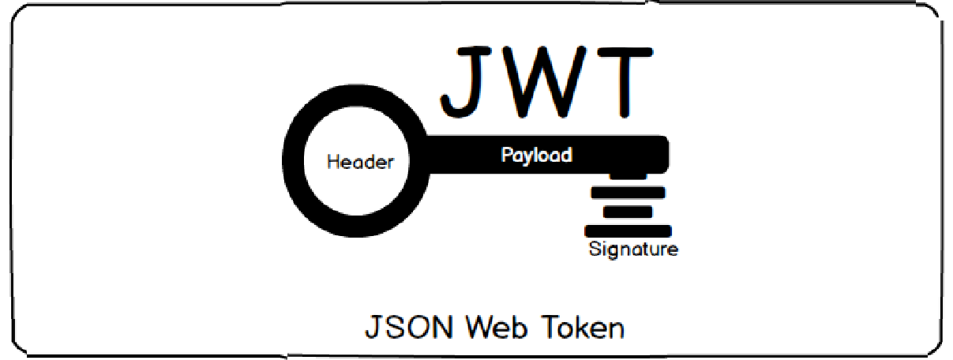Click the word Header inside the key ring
tap(360, 163)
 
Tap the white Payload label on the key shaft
tap(536, 155)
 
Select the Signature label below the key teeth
tap(633, 250)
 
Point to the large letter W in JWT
tap(547, 81)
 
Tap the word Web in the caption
tap(498, 328)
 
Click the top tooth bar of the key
tap(628, 193)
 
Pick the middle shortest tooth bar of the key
tap(628, 212)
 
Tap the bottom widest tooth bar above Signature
tap(628, 231)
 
